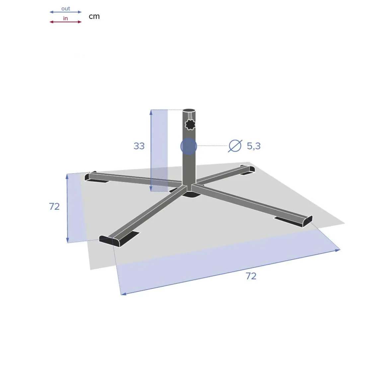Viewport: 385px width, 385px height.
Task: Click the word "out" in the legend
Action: point(65,9)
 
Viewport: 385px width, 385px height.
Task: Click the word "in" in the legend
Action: point(65,19)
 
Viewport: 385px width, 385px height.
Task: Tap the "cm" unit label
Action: point(94,16)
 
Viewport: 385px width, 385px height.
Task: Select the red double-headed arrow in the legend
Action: point(65,22)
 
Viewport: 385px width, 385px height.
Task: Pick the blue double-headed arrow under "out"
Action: point(65,12)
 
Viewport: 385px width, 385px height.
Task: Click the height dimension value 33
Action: point(139,146)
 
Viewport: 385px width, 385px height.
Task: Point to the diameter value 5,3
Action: point(254,146)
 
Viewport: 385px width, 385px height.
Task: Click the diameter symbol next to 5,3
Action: point(235,146)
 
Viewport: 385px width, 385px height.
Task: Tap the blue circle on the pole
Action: point(189,146)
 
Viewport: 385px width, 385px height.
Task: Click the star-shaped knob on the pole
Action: point(190,124)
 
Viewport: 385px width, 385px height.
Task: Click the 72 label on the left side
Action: point(54,206)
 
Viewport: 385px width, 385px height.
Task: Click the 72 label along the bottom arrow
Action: point(251,276)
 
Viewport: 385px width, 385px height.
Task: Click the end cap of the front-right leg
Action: point(307,221)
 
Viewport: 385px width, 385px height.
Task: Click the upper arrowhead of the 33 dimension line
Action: point(151,112)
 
